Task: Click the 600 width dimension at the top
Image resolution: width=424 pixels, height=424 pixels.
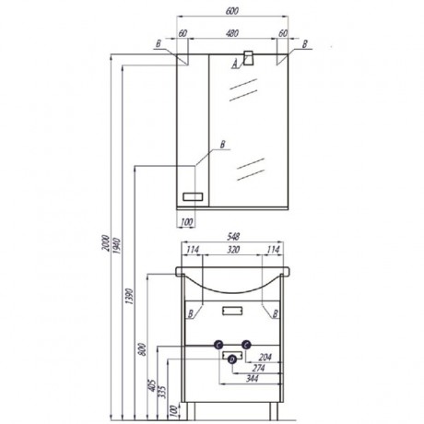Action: (x=232, y=11)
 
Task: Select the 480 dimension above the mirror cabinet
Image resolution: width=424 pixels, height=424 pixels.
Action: (x=232, y=33)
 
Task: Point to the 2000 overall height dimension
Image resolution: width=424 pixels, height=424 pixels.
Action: (x=106, y=243)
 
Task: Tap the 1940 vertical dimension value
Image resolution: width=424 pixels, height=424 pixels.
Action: (x=118, y=245)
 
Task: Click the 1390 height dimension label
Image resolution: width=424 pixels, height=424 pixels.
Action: (x=130, y=296)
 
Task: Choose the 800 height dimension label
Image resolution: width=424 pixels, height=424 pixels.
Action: (x=143, y=349)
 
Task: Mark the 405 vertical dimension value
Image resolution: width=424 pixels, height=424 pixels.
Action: (x=152, y=384)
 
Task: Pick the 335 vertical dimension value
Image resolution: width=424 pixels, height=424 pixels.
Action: (x=163, y=392)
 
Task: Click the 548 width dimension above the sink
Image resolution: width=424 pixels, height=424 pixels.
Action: (x=233, y=236)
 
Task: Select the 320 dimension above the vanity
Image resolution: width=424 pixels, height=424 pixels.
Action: (x=233, y=250)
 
